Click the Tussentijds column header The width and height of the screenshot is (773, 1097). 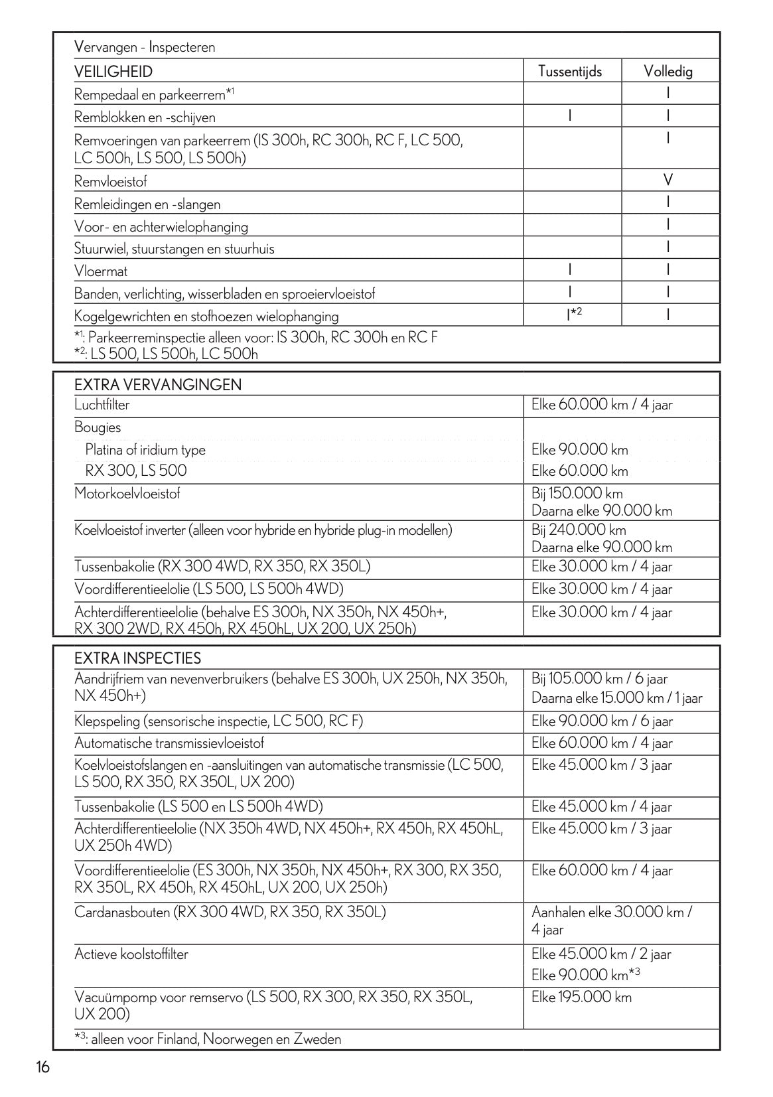(570, 71)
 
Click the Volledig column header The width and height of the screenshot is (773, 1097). (668, 71)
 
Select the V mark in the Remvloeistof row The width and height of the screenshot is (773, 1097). (668, 181)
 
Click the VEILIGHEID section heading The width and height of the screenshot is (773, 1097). (113, 72)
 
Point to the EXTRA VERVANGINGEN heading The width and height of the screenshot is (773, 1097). (158, 385)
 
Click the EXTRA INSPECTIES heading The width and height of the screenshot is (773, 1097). (147, 658)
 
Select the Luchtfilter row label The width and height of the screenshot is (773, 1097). (102, 405)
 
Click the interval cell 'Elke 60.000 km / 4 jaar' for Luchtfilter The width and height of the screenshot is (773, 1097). (602, 405)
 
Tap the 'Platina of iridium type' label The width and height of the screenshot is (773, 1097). (145, 450)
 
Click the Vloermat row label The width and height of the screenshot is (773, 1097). (101, 271)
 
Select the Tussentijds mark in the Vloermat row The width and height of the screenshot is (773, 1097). (570, 270)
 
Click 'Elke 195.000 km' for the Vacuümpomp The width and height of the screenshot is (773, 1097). (581, 997)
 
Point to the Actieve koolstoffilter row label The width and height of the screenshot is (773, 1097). (131, 954)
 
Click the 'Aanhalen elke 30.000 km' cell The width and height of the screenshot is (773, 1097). (611, 912)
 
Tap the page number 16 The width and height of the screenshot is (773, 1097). (43, 1067)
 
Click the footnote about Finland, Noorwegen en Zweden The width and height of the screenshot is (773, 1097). (208, 1039)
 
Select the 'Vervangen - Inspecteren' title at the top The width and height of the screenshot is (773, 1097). (145, 47)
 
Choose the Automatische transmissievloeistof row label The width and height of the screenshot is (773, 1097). (169, 743)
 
